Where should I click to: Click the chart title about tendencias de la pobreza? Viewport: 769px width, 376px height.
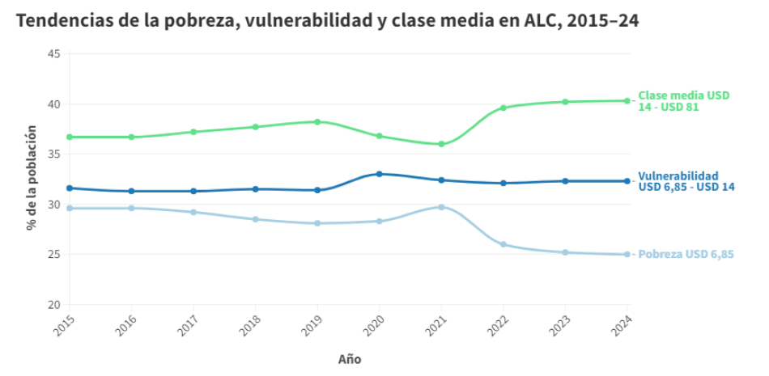pos(327,22)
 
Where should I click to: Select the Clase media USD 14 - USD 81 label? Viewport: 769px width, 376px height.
pos(683,101)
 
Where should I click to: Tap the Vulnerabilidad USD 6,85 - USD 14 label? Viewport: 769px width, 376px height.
pos(686,181)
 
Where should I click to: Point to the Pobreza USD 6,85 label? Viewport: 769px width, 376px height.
pos(686,255)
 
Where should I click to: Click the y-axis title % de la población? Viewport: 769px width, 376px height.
pos(32,178)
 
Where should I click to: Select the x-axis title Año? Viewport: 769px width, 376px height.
pos(350,359)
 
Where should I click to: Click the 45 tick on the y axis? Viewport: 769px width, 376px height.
pos(54,54)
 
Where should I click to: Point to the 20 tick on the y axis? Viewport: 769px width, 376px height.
pos(54,305)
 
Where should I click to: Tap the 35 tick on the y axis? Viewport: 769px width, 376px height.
pos(54,154)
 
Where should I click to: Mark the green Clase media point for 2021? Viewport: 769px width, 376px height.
pos(441,144)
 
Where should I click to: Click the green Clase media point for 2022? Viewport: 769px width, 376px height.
pos(503,108)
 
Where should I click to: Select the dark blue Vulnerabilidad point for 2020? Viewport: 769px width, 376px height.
pos(380,174)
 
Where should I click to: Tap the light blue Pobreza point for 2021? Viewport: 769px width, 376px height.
pos(441,207)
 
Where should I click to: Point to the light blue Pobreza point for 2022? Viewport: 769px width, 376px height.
pos(503,244)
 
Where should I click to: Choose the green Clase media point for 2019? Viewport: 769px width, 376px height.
pos(317,122)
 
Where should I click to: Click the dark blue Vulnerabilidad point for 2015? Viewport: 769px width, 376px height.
pos(70,188)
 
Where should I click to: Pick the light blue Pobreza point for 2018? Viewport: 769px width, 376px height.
pos(255,219)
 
